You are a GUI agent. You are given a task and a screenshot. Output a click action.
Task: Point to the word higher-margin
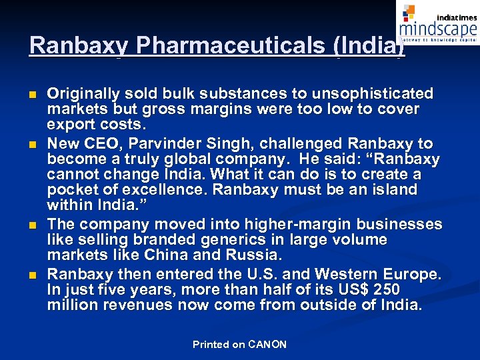coord(294,224)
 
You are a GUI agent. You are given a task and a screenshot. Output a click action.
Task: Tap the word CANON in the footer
coord(267,345)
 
